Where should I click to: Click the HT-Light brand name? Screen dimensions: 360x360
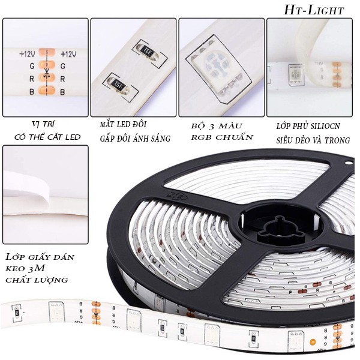click(314, 10)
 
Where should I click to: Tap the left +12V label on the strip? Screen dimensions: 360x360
click(28, 54)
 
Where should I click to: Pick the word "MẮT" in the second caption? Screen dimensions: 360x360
click(108, 125)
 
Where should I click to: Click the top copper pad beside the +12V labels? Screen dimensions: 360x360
click(48, 53)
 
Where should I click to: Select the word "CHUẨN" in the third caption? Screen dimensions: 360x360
click(238, 137)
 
